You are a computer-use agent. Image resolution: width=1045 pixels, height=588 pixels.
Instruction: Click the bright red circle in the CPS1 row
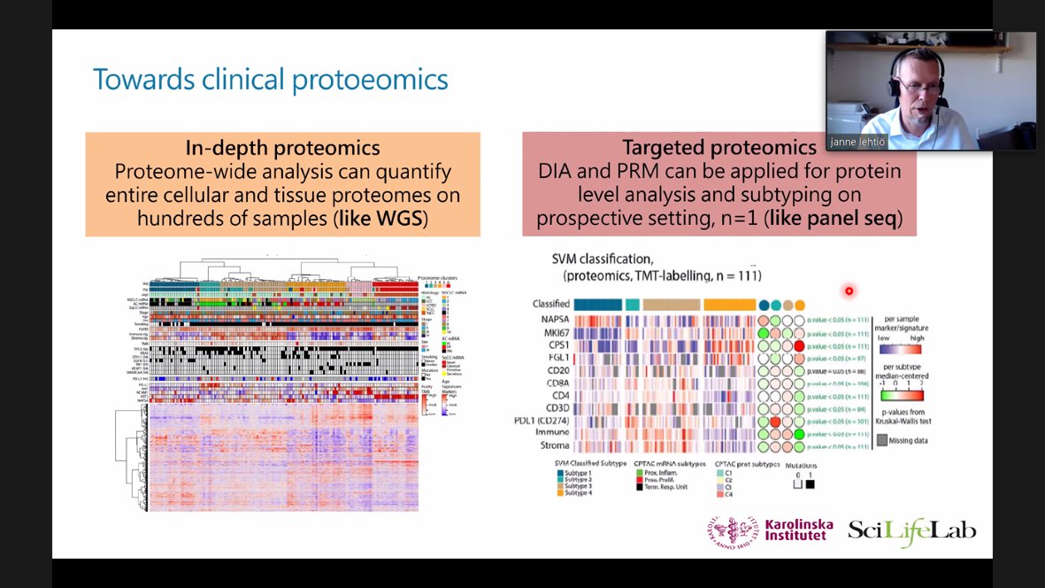pos(799,345)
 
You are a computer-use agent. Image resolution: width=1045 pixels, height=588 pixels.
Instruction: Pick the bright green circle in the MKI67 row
pos(763,333)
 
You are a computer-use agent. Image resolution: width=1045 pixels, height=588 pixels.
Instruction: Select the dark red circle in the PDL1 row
pos(775,422)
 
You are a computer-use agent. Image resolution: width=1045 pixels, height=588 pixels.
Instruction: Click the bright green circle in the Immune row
pos(799,434)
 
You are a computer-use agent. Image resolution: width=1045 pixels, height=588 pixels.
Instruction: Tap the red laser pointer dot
pos(849,290)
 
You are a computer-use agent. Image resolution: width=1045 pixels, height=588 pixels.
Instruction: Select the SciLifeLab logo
pos(912,532)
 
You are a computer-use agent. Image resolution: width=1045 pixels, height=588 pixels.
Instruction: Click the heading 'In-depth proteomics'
pos(282,148)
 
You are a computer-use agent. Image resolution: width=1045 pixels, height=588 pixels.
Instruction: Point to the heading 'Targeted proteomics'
pos(718,148)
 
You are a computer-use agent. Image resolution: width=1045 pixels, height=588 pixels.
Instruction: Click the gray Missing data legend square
pos(882,438)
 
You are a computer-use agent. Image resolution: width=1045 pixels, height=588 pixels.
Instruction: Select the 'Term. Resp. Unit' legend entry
pos(664,487)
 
